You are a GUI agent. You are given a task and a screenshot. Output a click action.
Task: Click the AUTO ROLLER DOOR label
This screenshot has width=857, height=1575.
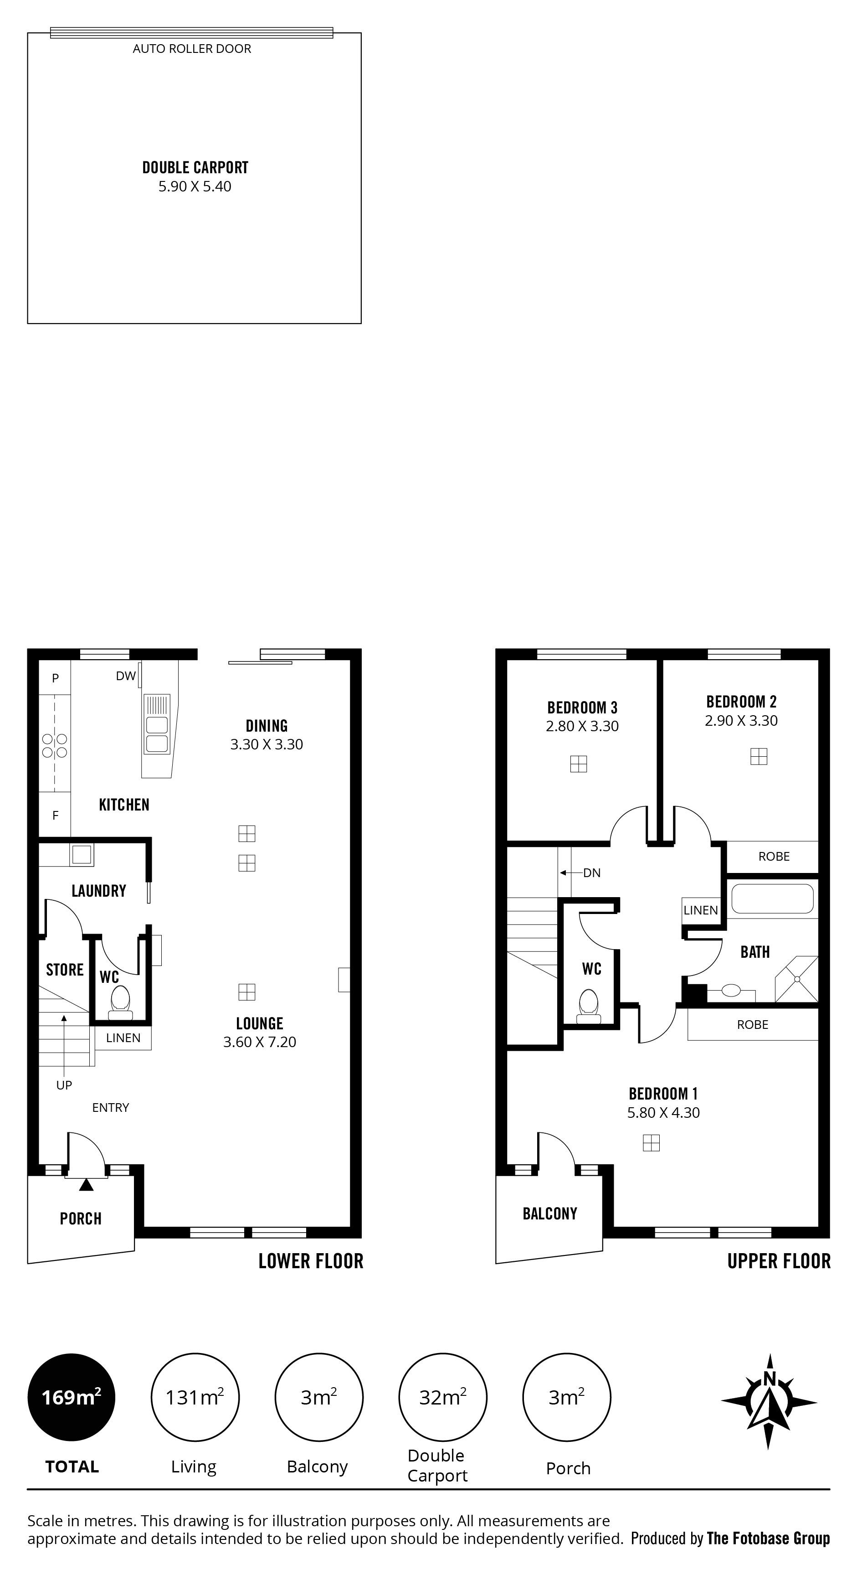(x=192, y=49)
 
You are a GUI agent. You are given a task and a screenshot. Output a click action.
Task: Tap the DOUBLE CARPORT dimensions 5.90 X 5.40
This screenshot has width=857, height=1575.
(x=195, y=186)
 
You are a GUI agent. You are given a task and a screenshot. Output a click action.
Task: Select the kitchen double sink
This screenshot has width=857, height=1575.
(x=156, y=724)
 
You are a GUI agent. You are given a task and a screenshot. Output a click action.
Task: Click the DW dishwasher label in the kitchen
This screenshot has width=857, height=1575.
(x=125, y=676)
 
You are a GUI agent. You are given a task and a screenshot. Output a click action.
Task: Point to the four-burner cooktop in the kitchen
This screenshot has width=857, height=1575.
(x=54, y=745)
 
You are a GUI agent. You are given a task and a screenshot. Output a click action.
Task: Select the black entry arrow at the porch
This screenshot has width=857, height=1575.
(x=86, y=1184)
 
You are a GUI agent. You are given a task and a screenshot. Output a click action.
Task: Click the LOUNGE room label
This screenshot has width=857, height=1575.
(x=260, y=1023)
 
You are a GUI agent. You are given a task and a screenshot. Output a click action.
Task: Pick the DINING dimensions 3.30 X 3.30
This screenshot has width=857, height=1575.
(x=267, y=744)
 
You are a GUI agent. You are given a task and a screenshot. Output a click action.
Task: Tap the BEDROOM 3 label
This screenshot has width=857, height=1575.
(x=583, y=707)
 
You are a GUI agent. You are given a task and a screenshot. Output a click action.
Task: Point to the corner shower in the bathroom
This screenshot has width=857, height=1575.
(x=796, y=979)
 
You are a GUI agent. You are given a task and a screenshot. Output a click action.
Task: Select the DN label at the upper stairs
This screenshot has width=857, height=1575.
(x=592, y=873)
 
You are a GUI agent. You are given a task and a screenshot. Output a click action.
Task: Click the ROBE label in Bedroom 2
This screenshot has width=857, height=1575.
(x=774, y=857)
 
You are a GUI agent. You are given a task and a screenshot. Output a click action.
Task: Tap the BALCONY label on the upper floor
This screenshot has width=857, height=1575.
(x=549, y=1213)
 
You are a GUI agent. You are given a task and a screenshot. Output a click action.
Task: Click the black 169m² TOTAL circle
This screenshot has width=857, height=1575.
(x=72, y=1397)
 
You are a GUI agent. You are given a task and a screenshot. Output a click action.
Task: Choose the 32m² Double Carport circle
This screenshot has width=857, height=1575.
(x=442, y=1397)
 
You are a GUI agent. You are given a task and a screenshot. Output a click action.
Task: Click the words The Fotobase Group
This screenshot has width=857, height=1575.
(x=768, y=1539)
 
